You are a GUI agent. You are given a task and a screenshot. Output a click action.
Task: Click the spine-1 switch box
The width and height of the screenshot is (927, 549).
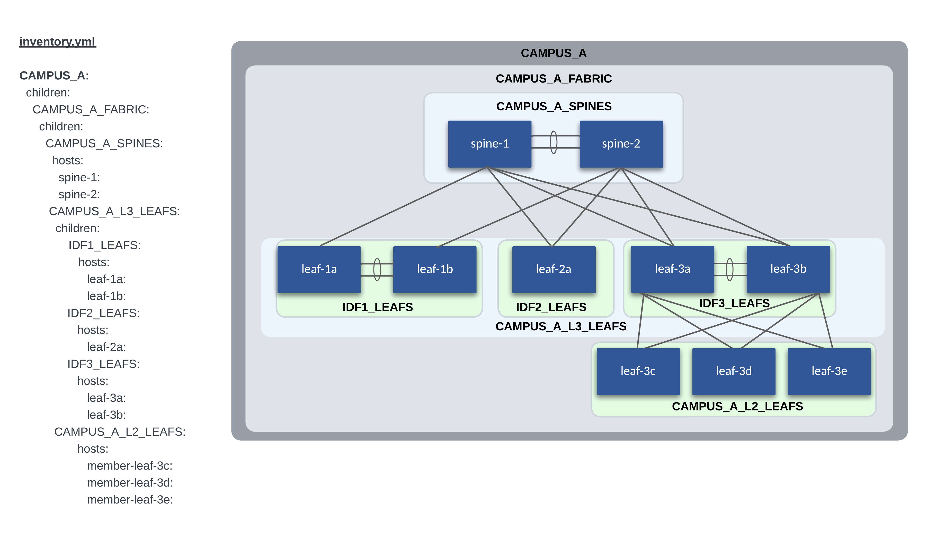coord(489,144)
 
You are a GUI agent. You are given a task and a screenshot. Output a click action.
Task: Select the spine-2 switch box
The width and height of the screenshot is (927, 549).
coord(621,144)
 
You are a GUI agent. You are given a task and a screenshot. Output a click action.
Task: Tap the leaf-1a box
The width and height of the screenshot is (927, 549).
coord(319,269)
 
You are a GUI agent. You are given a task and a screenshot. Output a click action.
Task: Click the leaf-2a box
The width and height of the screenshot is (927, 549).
coord(554,269)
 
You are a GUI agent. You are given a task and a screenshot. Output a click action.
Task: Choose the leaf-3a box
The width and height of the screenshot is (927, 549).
coord(672,269)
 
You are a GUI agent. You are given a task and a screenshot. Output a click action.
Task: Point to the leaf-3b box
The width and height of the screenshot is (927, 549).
coord(788,269)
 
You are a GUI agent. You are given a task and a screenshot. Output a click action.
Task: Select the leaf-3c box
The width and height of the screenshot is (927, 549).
coord(638,371)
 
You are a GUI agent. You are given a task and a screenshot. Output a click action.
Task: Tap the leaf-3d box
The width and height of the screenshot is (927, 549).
coord(733,371)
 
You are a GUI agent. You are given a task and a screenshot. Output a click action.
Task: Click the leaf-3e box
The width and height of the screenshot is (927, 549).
coord(829,371)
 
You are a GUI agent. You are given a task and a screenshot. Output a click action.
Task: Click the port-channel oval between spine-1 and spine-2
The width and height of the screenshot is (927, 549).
coord(554,142)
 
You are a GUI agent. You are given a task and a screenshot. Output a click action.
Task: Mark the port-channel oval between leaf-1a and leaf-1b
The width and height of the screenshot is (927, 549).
coord(377,269)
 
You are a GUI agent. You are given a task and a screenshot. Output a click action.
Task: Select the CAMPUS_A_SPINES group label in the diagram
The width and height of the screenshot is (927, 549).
coord(554,107)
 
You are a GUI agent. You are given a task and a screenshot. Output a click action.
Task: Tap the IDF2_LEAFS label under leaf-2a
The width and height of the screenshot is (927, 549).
coord(551,307)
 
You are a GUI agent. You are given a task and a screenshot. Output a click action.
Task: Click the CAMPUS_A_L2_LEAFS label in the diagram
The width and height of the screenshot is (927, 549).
coord(737,407)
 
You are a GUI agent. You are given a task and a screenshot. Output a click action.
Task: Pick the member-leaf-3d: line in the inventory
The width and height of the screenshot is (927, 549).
coord(130,483)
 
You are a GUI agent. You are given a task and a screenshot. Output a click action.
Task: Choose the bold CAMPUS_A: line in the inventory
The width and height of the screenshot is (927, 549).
coord(54,76)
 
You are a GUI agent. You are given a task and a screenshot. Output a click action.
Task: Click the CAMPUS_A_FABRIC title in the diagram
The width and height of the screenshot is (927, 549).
coord(554,79)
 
